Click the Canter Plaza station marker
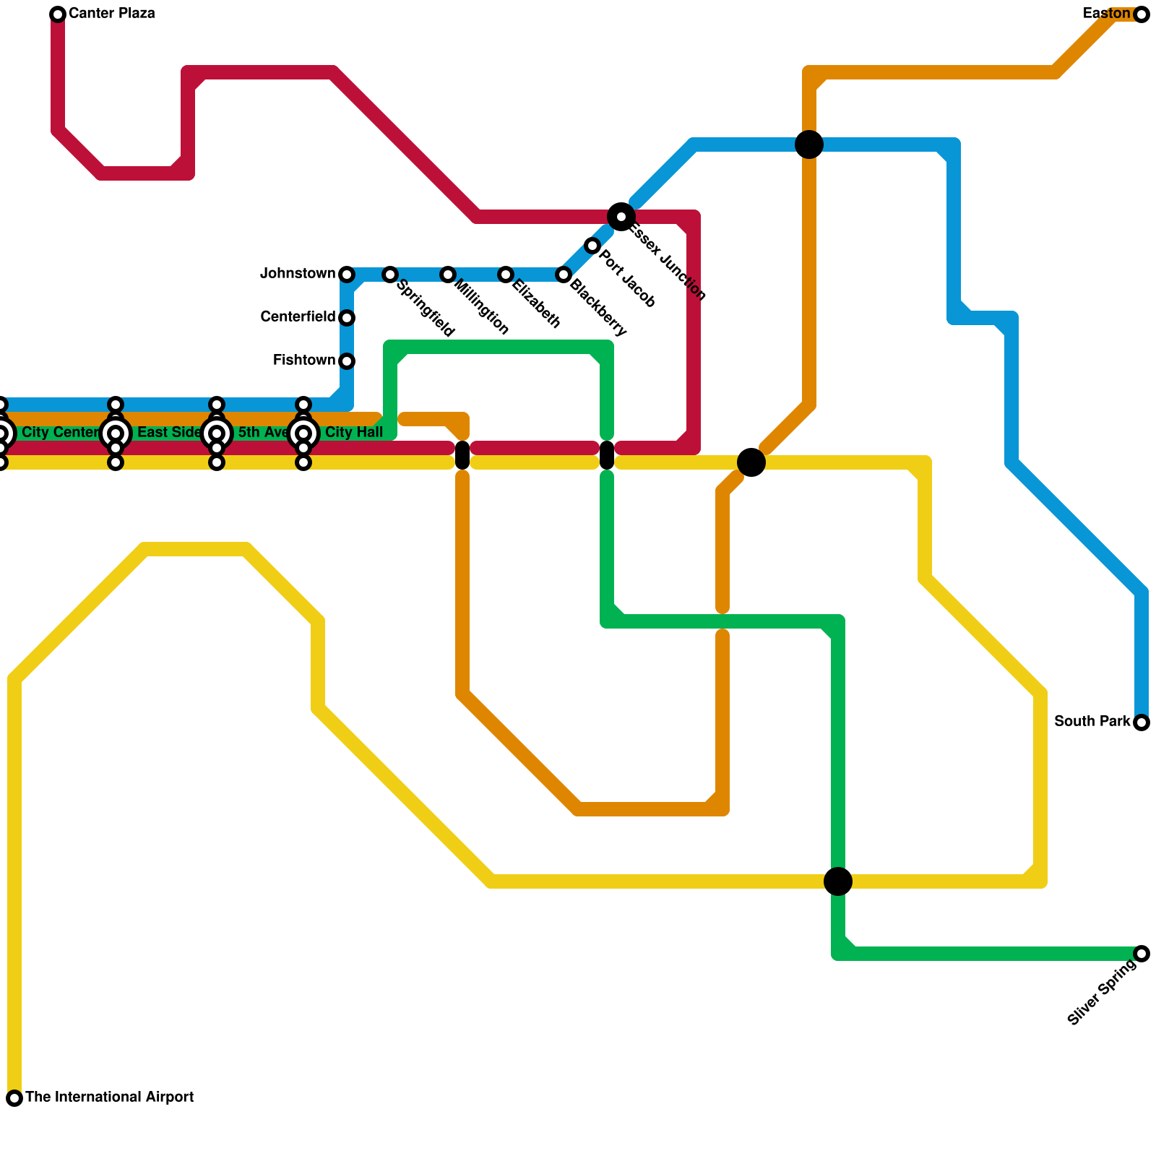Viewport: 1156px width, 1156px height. (58, 14)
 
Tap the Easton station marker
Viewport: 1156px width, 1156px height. (1142, 14)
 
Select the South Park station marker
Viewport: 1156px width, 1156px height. (1142, 722)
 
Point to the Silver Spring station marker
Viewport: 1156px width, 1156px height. (1142, 954)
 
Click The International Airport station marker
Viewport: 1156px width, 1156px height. (14, 1098)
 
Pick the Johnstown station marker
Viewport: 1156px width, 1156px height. (347, 275)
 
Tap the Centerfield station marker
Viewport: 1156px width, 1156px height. (347, 318)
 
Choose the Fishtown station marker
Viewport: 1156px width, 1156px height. (347, 361)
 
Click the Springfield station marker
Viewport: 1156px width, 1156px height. (390, 275)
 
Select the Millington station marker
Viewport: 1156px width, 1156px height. (448, 275)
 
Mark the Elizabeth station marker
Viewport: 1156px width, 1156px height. (506, 275)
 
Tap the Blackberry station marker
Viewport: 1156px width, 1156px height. (564, 275)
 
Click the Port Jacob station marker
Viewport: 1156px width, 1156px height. (592, 246)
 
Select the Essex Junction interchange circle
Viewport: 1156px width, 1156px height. (621, 217)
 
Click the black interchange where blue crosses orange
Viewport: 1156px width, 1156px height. (809, 144)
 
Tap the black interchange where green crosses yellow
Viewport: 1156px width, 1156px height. (838, 881)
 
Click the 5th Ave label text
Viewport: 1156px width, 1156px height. (262, 433)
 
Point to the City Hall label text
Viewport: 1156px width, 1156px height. (354, 433)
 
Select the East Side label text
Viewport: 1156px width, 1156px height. (169, 433)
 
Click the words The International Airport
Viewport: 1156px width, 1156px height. (110, 1097)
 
